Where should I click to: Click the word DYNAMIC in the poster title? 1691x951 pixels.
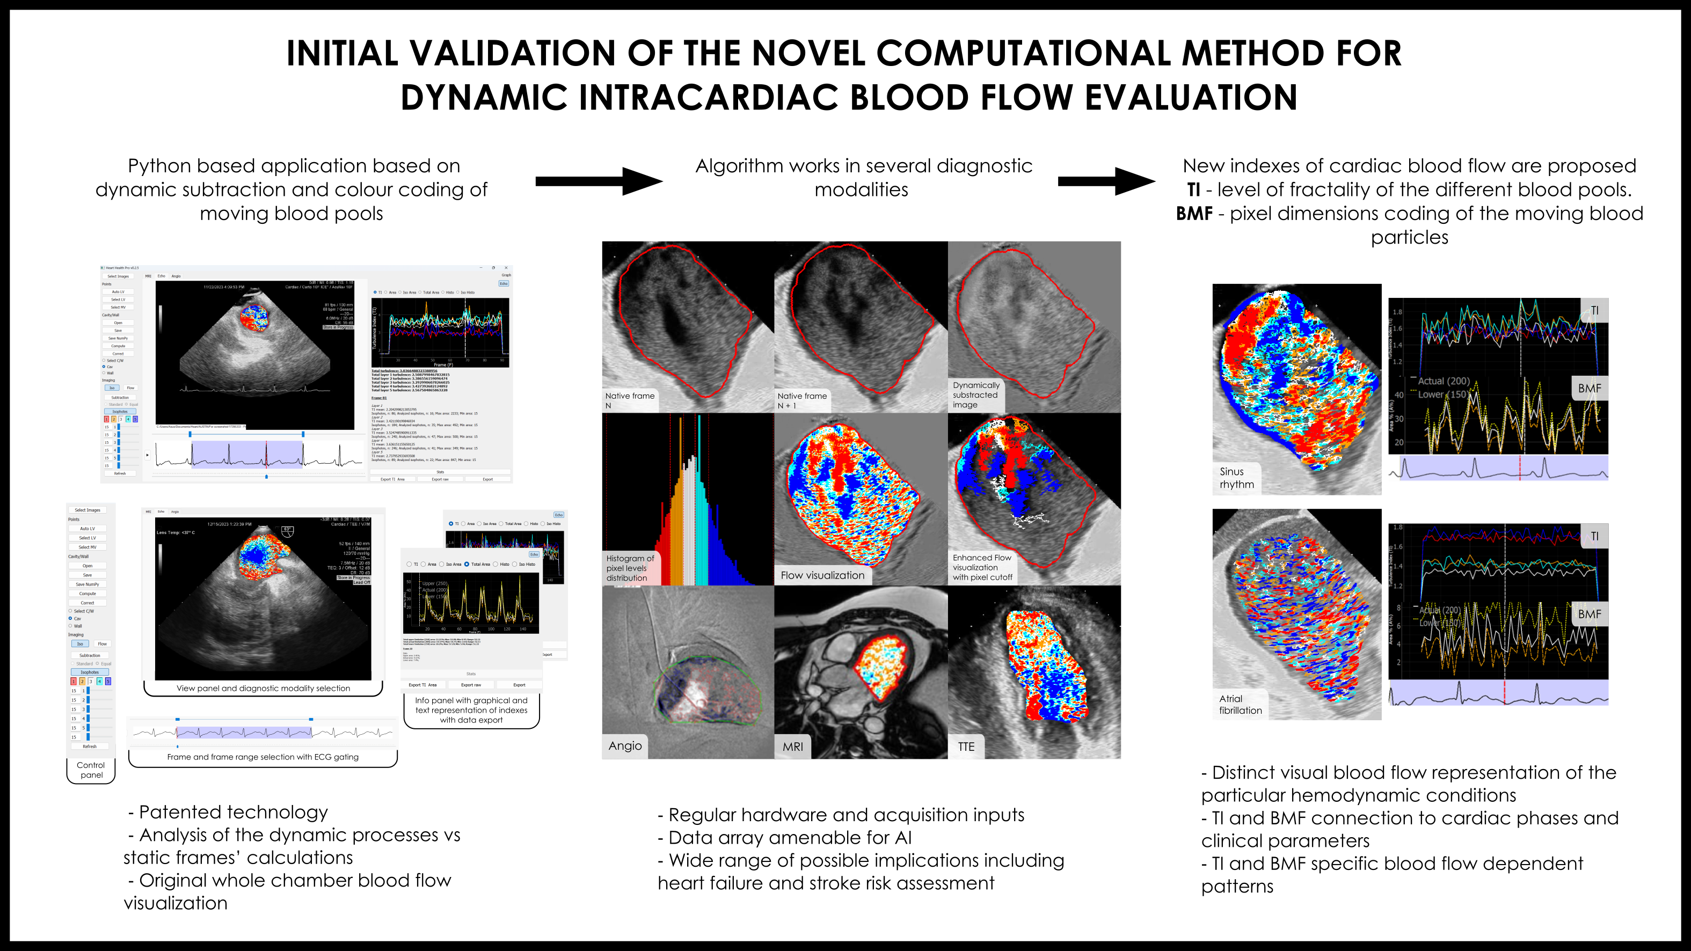484,98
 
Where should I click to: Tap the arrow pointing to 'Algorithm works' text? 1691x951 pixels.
598,181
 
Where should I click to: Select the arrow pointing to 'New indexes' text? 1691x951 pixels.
1106,181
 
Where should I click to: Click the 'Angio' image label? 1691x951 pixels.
625,745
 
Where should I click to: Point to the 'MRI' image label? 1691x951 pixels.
792,746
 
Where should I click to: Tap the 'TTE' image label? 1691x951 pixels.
966,746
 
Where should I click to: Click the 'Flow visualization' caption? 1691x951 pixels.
822,575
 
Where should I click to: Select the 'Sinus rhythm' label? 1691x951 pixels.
1237,478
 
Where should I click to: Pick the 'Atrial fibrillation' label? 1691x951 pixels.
1240,704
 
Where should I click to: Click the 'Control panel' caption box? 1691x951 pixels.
91,770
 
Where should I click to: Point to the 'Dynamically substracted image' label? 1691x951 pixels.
975,394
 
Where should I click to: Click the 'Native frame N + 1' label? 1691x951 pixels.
801,400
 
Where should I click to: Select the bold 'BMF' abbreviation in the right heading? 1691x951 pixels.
1194,213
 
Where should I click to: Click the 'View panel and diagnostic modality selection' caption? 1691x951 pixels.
263,688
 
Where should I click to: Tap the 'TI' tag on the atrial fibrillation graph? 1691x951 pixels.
1594,536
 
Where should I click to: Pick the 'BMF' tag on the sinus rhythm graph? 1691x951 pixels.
1589,388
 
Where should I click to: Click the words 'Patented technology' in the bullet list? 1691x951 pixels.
233,812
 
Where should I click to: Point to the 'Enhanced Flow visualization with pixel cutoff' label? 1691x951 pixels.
982,567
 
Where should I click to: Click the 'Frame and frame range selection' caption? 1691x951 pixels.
263,757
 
